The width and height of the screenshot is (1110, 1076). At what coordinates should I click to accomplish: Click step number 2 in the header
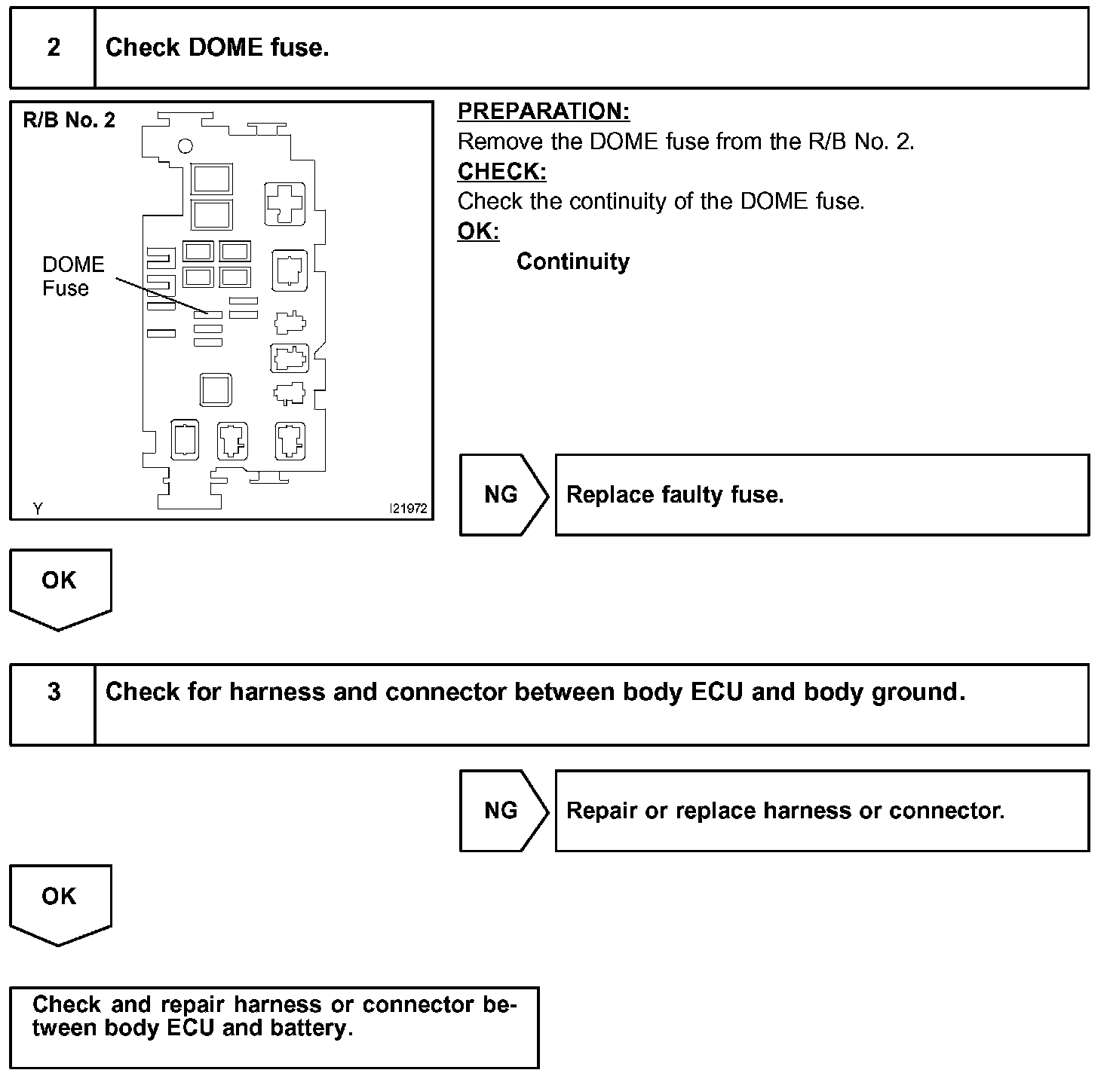point(54,47)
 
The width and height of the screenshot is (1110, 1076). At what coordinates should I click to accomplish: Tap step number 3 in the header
point(54,692)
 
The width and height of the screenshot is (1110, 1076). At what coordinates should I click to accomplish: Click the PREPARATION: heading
point(543,112)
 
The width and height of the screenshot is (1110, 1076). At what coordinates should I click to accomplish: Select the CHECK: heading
point(501,172)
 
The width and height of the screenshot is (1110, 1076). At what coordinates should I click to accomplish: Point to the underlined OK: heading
point(478,231)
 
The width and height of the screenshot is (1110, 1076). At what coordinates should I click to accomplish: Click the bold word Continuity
point(572,261)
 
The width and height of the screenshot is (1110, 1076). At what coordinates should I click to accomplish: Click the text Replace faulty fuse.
point(675,495)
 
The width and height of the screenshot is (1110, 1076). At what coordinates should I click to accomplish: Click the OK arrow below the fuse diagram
point(60,585)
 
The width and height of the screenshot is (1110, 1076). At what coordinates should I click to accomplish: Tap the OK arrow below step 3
point(60,900)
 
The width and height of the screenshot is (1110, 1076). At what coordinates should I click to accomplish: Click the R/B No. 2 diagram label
point(69,121)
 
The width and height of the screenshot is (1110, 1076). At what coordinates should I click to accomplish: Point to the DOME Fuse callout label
point(72,277)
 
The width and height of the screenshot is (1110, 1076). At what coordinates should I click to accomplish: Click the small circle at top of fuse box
point(185,146)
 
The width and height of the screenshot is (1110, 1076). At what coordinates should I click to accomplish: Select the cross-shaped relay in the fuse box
point(284,203)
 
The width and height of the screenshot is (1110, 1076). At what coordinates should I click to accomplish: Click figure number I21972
point(408,509)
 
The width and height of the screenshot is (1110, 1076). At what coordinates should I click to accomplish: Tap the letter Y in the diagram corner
point(38,509)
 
